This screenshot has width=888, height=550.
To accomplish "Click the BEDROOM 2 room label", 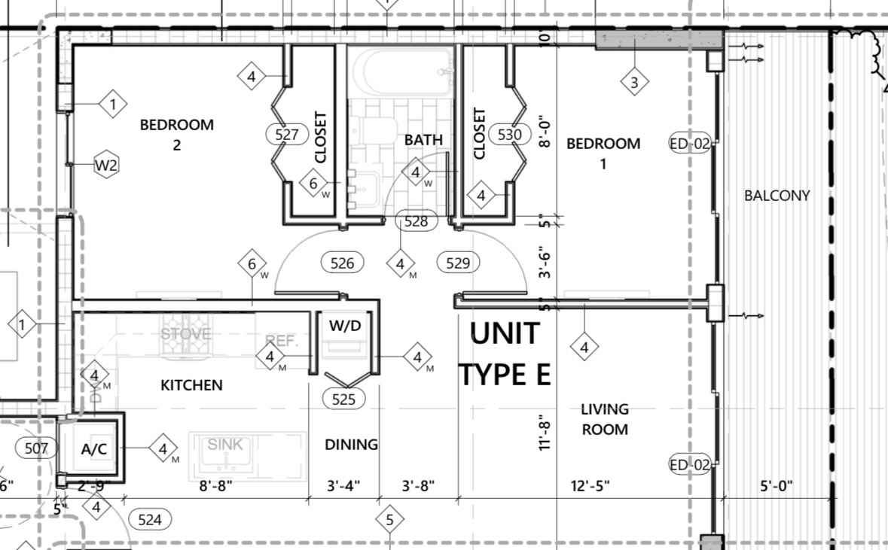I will tap(177, 134).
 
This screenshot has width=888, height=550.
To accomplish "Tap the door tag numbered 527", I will tap(287, 135).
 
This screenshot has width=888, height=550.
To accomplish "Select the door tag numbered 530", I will tap(510, 135).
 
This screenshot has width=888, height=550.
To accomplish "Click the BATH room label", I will tap(423, 139).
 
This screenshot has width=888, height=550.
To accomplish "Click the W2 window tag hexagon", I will tap(107, 166).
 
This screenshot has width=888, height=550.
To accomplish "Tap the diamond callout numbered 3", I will tap(634, 83).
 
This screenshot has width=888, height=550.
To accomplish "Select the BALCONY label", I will tap(777, 196).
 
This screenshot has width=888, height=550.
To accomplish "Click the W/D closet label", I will tap(345, 327).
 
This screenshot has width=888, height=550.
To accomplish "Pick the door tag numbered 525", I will tap(343, 399).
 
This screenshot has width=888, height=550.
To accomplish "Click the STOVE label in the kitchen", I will tap(186, 333).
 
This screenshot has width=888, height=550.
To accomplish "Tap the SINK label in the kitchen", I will tap(225, 445).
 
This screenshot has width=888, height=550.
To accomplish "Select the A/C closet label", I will tap(94, 450).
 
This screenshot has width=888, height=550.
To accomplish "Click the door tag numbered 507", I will tap(36, 449).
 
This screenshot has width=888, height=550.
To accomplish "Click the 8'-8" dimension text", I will tap(215, 486).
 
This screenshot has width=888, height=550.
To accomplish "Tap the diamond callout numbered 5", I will tap(389, 519).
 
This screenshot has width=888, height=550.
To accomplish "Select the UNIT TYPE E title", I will tap(505, 353).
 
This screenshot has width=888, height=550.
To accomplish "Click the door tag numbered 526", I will tap(343, 263).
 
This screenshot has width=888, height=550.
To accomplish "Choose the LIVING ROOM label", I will tap(604, 419).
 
